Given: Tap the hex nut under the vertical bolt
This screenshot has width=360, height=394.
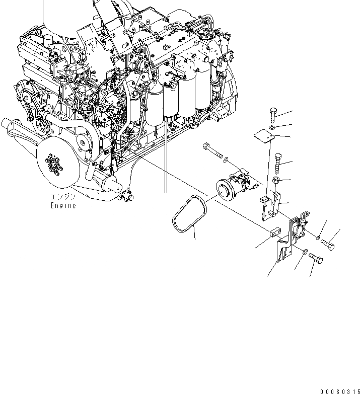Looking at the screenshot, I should coord(276,180).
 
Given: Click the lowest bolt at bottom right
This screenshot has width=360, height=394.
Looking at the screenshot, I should coord(315,259).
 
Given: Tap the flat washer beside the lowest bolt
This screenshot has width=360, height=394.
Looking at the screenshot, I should coord(306,250).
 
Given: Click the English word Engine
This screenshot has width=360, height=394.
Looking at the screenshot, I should coord(63,206).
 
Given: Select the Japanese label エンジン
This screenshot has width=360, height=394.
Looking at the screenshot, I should coord(63,197).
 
